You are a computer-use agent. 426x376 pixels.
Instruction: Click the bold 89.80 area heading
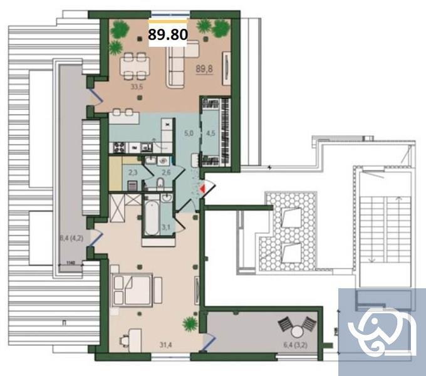[168, 35]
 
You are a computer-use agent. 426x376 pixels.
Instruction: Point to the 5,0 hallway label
[188, 133]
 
